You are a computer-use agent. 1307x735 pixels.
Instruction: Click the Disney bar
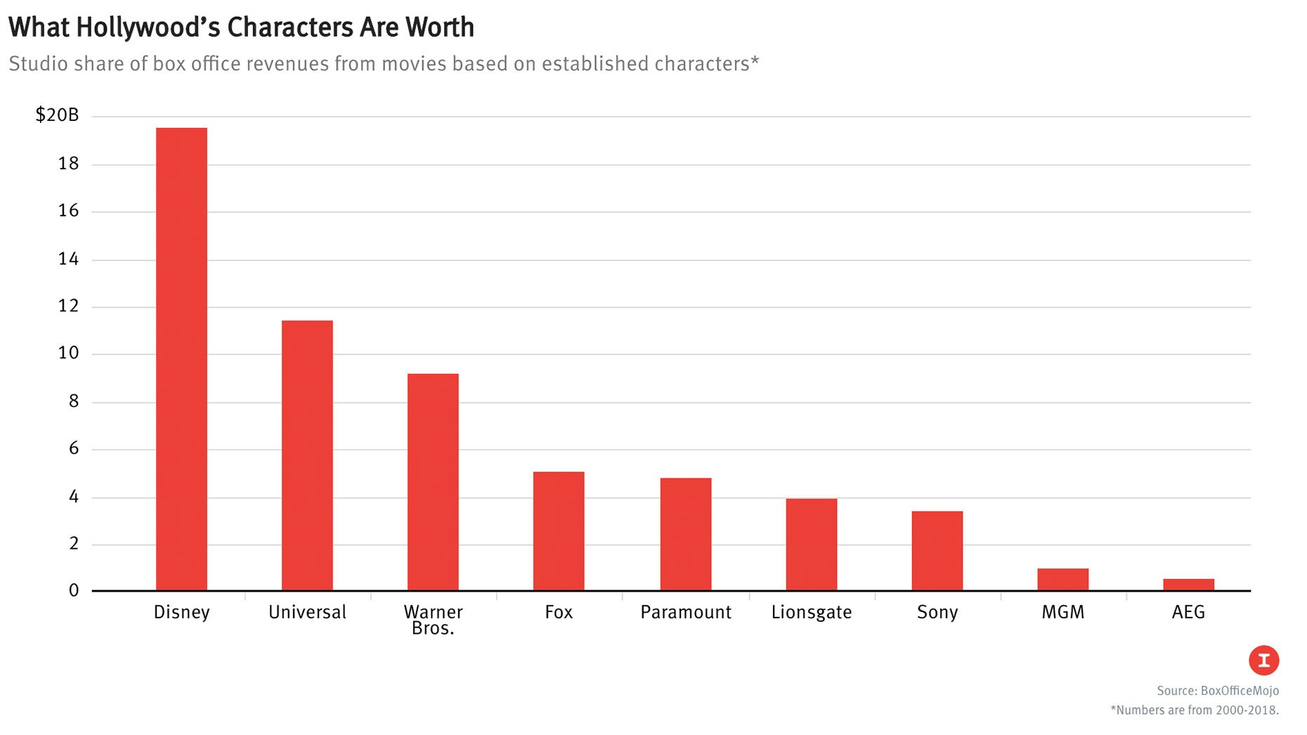pos(181,358)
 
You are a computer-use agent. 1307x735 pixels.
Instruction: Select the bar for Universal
pos(307,455)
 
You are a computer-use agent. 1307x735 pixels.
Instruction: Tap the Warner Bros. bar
pos(433,482)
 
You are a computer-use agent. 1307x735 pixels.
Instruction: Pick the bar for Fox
pos(559,531)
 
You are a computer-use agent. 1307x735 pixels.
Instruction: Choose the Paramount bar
pos(685,534)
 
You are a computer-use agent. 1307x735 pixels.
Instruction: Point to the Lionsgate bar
pos(811,545)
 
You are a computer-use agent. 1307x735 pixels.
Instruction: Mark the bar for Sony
pos(937,551)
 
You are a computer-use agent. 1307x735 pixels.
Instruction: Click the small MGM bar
pos(1062,580)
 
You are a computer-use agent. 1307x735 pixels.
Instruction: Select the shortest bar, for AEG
pos(1188,585)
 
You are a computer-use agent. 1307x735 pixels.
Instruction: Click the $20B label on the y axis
pos(57,115)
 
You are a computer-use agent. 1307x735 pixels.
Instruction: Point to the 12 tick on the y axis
pos(68,306)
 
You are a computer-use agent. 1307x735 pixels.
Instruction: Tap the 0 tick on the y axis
pos(73,591)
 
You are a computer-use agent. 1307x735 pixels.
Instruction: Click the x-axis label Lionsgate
pos(811,612)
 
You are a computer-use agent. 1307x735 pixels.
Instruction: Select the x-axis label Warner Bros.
pos(433,620)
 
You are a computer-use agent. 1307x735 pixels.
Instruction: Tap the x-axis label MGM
pos(1062,612)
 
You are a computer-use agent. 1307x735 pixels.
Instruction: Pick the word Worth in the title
pos(439,27)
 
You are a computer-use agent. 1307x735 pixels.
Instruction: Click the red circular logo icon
pos(1263,661)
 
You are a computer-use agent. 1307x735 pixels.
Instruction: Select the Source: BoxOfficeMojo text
pos(1217,691)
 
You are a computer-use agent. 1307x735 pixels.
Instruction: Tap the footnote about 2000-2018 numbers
pos(1194,710)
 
